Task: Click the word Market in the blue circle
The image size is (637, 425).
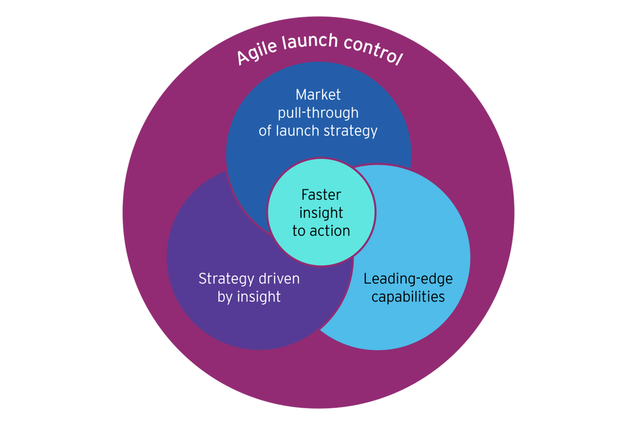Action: (x=318, y=95)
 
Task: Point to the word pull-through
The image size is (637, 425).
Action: (x=318, y=112)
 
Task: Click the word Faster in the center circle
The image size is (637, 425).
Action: (x=321, y=195)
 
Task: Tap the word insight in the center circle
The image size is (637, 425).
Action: (x=321, y=213)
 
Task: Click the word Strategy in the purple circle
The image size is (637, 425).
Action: (x=223, y=279)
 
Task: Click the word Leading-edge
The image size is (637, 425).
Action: (x=408, y=279)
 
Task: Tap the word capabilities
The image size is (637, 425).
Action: (x=408, y=297)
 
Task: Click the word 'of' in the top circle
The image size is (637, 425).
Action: (x=265, y=131)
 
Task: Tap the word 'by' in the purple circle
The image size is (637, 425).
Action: (x=224, y=297)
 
